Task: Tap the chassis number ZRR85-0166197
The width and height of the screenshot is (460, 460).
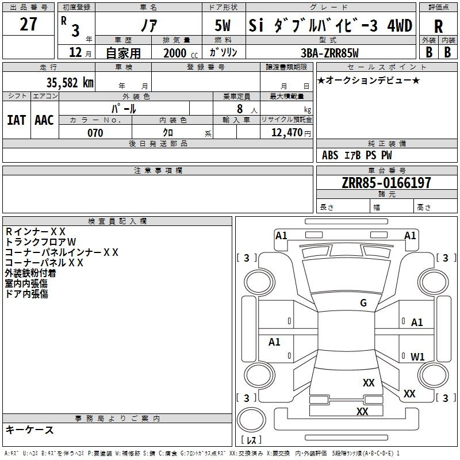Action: [378, 183]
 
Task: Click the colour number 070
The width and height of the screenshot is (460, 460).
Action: [95, 133]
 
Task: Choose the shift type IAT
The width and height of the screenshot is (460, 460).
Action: [16, 120]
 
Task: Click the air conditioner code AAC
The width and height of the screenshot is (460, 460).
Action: [44, 120]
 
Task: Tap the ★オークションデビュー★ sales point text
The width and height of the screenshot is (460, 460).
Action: [369, 80]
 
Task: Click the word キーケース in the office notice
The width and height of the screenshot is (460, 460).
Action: [29, 430]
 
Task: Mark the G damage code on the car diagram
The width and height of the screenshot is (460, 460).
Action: [363, 303]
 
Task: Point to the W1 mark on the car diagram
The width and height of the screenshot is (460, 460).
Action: [417, 356]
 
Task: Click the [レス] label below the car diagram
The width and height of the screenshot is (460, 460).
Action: [251, 440]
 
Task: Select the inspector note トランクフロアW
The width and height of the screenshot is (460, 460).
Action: [40, 242]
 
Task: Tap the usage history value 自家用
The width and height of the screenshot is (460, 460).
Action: [123, 53]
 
